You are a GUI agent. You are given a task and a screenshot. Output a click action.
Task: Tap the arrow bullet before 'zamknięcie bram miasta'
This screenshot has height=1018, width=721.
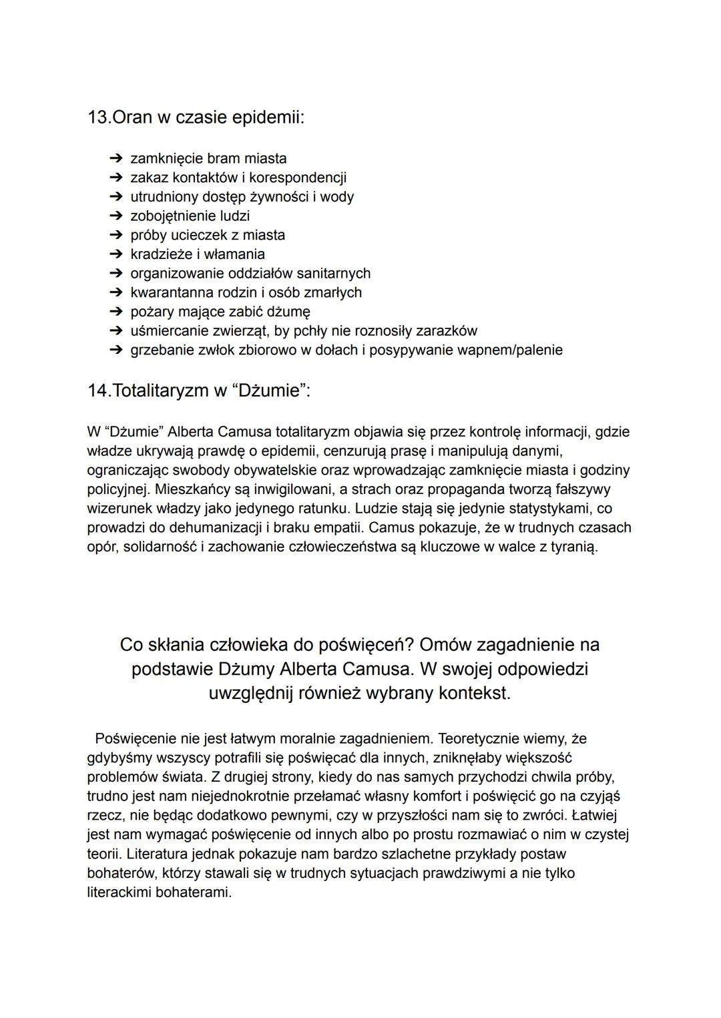click(116, 159)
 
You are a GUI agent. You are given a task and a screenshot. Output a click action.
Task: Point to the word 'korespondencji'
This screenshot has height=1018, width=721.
click(298, 178)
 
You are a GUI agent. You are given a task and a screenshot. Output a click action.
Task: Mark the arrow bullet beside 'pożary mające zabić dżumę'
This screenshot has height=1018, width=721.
click(116, 312)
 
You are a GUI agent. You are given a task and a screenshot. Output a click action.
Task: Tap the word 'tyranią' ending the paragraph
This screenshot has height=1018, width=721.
click(574, 547)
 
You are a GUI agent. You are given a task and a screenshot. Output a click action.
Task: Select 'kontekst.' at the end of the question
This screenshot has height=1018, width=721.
click(475, 693)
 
